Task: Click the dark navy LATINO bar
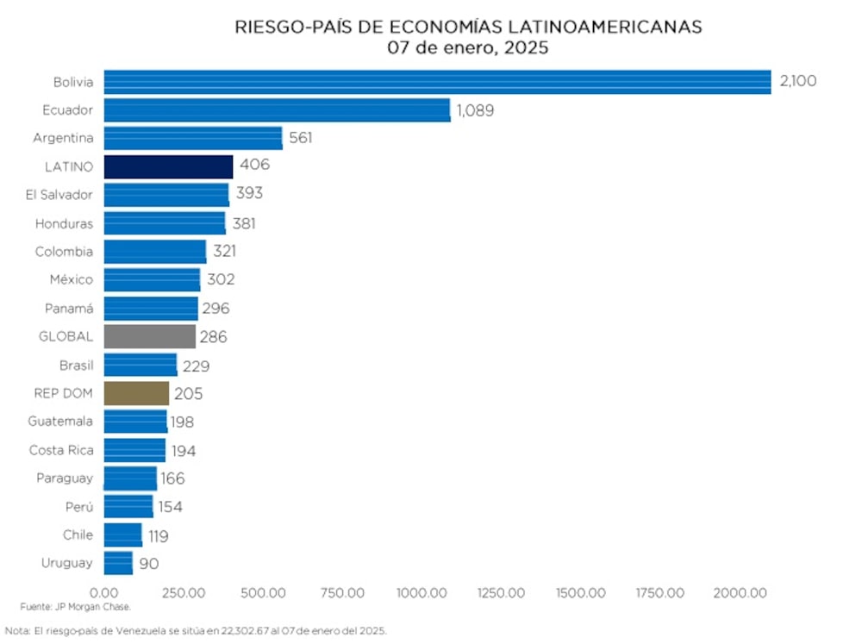168,166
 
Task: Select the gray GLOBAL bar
149,336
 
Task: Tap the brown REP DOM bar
136,393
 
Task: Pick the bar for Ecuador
277,110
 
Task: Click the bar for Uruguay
118,563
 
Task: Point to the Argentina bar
193,138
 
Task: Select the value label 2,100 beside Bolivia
797,82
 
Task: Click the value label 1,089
475,110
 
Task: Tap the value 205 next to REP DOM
189,393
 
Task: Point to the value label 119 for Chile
158,535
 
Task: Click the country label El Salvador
59,195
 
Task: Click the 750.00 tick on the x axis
342,593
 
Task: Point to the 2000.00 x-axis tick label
740,593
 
